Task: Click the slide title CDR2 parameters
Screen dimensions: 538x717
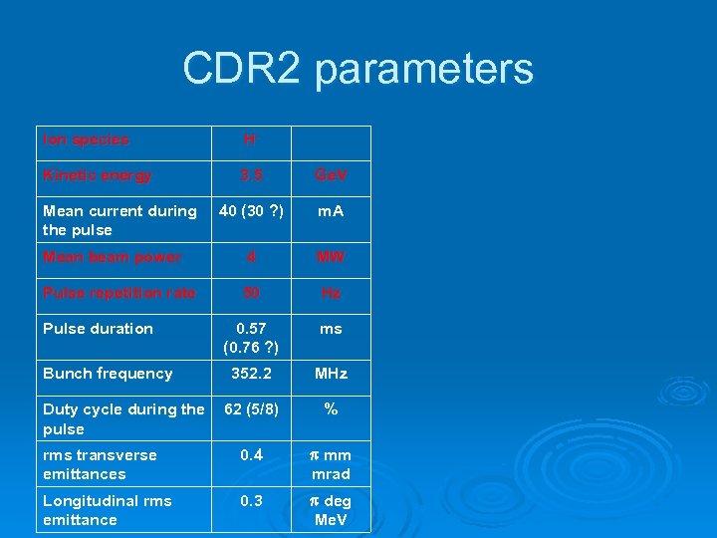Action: tap(358, 69)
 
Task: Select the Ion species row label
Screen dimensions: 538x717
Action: tap(86, 140)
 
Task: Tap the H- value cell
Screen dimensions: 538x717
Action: tap(252, 140)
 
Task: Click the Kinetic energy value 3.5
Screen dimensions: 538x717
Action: tap(252, 175)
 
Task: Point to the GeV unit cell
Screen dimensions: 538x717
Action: tap(331, 175)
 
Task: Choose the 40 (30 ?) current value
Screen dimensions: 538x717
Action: tap(252, 211)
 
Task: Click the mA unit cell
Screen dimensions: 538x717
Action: tap(331, 211)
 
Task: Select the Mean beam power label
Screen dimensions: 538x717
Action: tap(112, 257)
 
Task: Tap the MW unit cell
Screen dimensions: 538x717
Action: tap(331, 257)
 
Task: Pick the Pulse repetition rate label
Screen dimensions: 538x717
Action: tap(119, 293)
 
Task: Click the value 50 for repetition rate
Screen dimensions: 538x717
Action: tap(252, 293)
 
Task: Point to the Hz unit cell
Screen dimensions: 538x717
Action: tap(331, 293)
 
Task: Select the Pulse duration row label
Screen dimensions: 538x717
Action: tap(98, 329)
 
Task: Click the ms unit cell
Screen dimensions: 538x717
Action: tap(331, 329)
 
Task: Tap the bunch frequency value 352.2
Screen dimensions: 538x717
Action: tap(252, 374)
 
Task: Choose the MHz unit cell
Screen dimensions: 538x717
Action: tap(331, 374)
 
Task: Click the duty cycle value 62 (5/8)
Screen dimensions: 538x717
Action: tap(252, 409)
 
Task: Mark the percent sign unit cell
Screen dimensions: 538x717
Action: tap(331, 409)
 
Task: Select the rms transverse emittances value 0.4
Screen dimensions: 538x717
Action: tap(252, 455)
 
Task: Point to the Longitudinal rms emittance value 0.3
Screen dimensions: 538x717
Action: tap(252, 501)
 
